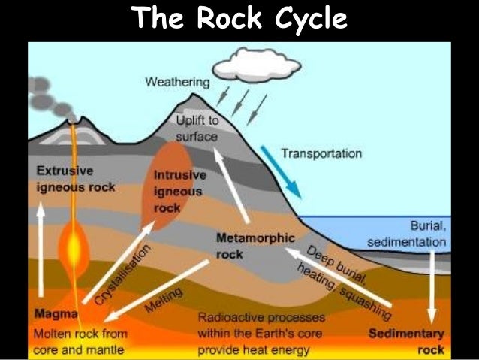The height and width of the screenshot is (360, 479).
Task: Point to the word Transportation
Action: (321, 153)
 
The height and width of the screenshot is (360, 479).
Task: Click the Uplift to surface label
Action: (197, 129)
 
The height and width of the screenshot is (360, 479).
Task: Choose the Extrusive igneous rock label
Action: (75, 178)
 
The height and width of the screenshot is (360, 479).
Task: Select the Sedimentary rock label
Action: (412, 341)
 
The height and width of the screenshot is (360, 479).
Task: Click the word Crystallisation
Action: (122, 274)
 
